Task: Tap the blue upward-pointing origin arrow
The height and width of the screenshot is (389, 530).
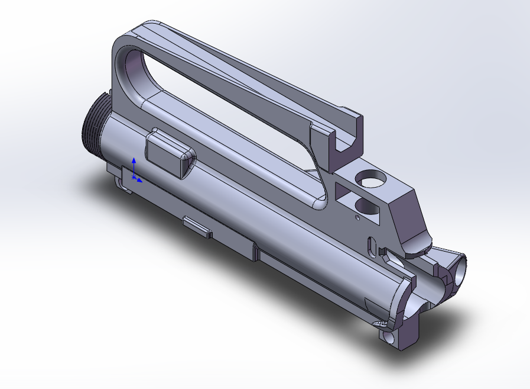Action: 134,164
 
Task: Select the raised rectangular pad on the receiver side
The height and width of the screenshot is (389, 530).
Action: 169,153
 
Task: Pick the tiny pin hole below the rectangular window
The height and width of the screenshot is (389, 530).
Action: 357,217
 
